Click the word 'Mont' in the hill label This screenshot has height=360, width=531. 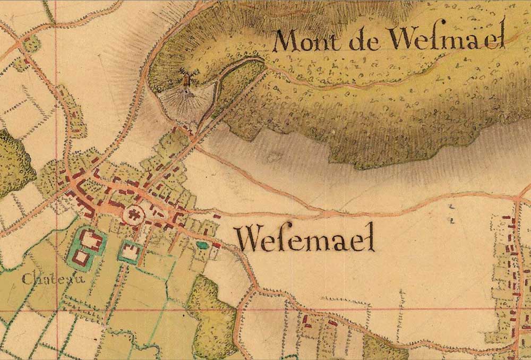point(302,41)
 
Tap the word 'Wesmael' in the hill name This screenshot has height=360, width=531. point(446,39)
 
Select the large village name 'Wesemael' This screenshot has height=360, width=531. point(306,238)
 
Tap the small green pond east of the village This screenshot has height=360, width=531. point(202,245)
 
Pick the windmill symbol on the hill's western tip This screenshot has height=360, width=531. point(186,81)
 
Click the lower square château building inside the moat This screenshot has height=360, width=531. point(82,258)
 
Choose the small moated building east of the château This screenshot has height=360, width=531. point(130,251)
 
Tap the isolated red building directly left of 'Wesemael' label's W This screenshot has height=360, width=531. point(217,217)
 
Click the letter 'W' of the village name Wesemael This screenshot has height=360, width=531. point(247,238)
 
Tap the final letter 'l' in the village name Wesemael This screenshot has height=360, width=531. point(371,237)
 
